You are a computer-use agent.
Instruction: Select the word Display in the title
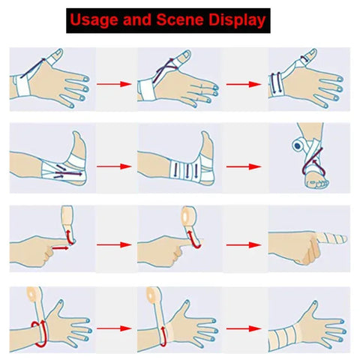coord(237,20)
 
